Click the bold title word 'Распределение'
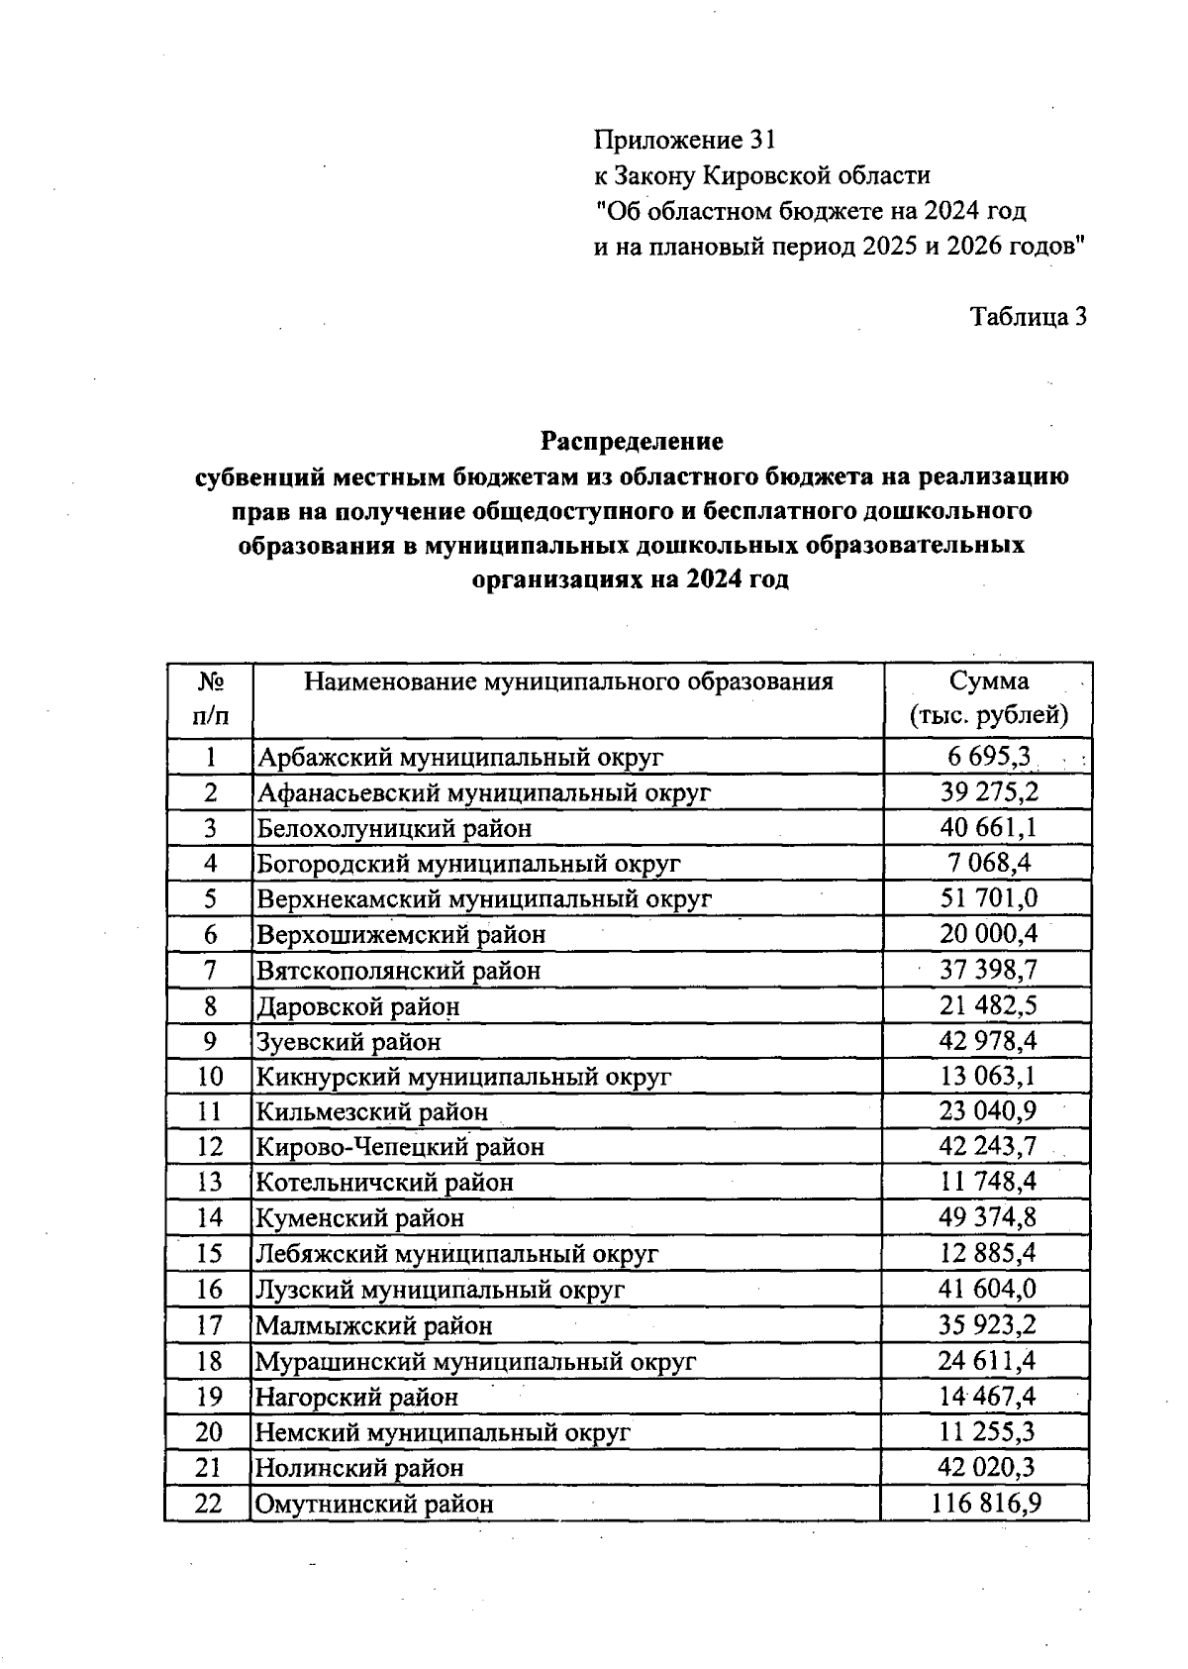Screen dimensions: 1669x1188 (632, 441)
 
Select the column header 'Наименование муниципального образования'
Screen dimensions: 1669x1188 (568, 681)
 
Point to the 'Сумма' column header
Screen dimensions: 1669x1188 (988, 681)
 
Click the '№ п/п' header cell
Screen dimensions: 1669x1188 (210, 698)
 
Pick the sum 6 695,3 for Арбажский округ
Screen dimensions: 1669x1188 (988, 758)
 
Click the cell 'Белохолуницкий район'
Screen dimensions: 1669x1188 (394, 828)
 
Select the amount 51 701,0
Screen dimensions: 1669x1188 (988, 898)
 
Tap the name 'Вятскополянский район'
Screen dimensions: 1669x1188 (399, 971)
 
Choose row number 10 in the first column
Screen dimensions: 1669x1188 (210, 1077)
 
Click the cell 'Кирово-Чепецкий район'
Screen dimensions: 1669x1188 (400, 1147)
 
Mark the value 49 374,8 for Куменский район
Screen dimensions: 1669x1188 (987, 1217)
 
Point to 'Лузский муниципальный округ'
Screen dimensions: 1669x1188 (441, 1290)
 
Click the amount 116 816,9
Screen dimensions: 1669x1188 (986, 1504)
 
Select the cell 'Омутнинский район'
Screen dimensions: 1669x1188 (374, 1505)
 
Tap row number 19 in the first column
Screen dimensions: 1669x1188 (210, 1397)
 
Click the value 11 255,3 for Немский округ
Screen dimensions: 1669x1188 (987, 1431)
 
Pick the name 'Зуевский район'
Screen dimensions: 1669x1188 (348, 1042)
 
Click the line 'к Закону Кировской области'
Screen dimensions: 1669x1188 (762, 175)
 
